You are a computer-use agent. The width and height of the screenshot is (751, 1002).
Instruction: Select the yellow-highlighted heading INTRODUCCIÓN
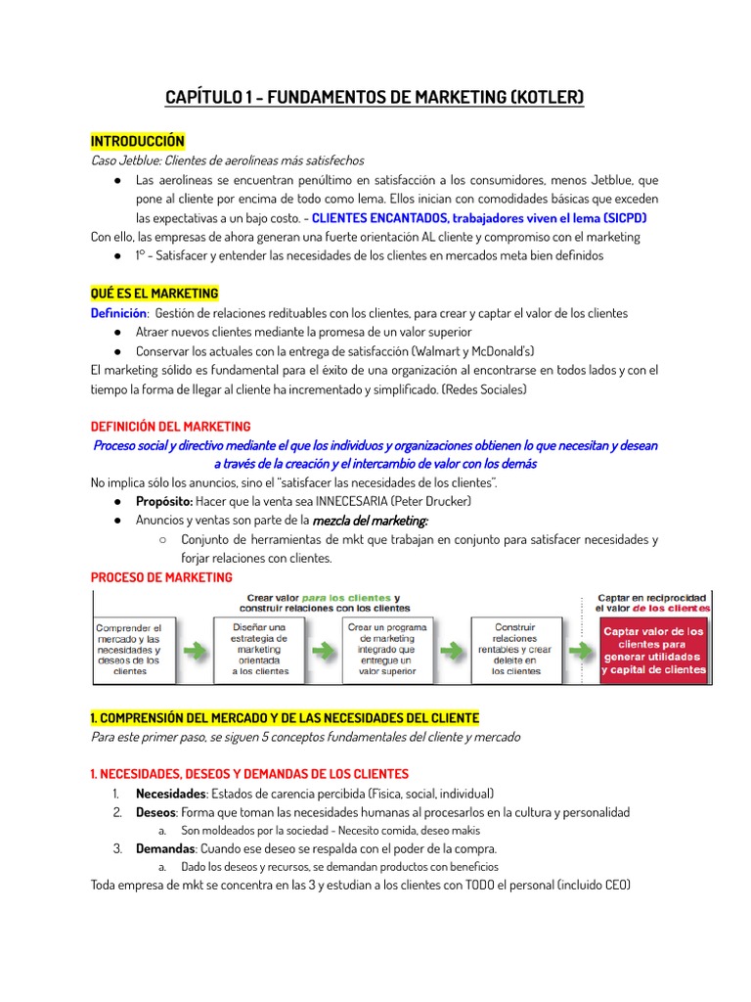tap(137, 142)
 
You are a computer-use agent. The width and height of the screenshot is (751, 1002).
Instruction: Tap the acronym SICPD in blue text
tap(623, 217)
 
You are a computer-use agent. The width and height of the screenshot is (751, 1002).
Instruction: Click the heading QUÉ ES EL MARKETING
tap(155, 294)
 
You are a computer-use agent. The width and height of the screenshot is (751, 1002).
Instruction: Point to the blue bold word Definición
tap(118, 313)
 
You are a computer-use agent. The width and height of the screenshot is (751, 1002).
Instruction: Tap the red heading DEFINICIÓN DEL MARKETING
tap(170, 427)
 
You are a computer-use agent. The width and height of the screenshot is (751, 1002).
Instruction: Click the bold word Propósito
tap(163, 501)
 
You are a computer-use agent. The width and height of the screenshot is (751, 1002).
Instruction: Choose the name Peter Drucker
tap(434, 501)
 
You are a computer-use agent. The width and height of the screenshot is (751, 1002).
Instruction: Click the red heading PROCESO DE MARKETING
tap(161, 577)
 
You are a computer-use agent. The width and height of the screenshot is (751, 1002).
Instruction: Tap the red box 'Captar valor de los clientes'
tap(653, 651)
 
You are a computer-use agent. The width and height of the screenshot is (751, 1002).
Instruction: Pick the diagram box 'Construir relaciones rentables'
tap(515, 649)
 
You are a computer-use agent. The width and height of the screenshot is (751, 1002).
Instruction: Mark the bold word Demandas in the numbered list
tap(165, 848)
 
